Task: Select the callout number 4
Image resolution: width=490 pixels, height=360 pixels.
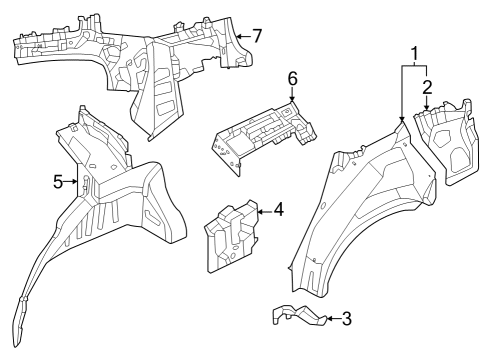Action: point(278,210)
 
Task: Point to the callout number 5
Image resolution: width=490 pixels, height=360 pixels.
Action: point(58,181)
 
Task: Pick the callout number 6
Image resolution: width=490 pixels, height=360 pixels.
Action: point(293,78)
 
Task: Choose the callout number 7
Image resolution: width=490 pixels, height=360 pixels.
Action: point(257,36)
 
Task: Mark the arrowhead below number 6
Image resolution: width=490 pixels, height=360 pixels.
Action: point(293,102)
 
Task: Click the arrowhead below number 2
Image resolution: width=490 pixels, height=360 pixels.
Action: point(427,109)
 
